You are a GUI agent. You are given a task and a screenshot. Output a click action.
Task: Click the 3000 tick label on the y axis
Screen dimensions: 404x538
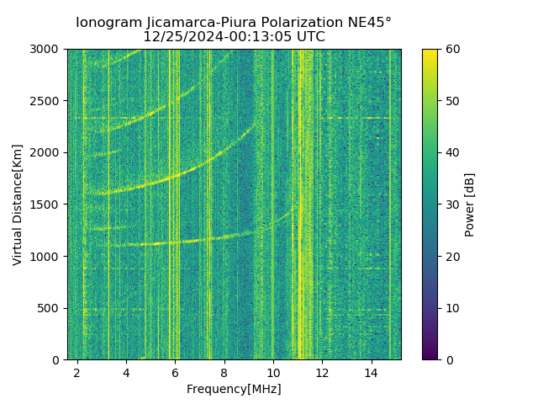[47, 50]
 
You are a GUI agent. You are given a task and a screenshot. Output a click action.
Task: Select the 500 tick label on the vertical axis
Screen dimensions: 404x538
[50, 308]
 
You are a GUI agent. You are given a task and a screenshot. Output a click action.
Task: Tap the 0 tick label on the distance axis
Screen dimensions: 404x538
[58, 359]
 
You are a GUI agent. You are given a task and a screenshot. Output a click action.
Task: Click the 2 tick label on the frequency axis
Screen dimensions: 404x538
[77, 372]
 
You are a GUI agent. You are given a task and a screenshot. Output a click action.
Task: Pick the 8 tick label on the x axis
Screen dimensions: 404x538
[224, 372]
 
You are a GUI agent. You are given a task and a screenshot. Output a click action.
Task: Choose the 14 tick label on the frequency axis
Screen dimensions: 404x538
[371, 372]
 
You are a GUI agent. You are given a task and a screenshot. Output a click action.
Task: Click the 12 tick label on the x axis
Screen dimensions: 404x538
[322, 372]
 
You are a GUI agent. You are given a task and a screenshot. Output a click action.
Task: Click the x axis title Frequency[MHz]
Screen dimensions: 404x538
[234, 389]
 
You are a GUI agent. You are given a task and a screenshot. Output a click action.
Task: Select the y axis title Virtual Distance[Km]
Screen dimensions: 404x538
[18, 205]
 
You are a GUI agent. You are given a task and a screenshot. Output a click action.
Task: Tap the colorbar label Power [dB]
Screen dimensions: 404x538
[470, 205]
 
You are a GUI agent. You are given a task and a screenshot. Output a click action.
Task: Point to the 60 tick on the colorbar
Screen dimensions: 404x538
[439, 50]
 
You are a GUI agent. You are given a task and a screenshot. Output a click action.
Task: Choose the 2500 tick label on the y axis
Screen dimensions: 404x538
[47, 101]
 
